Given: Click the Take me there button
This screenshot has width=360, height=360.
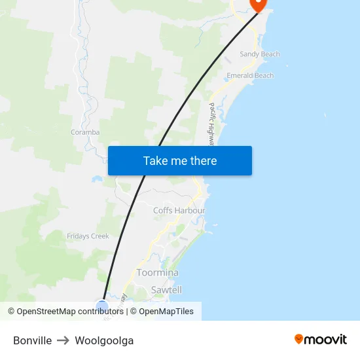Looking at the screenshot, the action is (179, 160).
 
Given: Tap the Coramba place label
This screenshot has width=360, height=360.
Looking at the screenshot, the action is (85, 132).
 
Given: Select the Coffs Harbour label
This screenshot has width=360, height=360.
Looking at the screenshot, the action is (179, 211).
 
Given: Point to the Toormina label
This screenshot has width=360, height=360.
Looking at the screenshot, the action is (157, 272).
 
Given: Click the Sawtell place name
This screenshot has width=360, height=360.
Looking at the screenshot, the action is (166, 289).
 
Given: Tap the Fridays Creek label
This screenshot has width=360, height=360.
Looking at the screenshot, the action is (88, 236).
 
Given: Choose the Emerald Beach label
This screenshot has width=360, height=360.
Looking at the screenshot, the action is (250, 76).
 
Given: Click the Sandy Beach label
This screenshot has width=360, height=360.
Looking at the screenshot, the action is (259, 54).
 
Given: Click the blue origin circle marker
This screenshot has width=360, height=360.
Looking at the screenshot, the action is (102, 306).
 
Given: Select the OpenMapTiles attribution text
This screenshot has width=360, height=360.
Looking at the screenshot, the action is (166, 312).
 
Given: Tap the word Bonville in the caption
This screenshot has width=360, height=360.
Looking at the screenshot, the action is (32, 340).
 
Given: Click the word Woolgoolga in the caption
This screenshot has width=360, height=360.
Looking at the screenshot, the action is (104, 340).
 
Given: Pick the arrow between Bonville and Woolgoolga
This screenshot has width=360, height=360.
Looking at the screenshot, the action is (63, 340).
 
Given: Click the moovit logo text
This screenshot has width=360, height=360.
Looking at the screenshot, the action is (326, 340).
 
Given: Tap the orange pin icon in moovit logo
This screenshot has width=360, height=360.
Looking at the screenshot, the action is (299, 339).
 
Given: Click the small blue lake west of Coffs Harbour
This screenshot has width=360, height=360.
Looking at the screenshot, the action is (97, 179).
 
